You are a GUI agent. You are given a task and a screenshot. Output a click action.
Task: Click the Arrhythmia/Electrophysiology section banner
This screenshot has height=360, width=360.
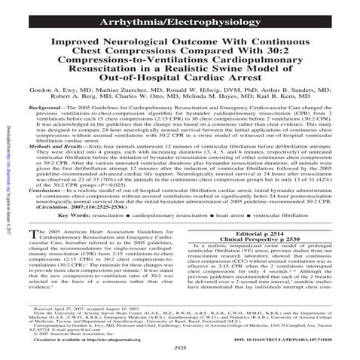[179, 10]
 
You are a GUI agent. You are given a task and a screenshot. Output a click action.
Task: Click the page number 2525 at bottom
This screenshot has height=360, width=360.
[180, 349]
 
